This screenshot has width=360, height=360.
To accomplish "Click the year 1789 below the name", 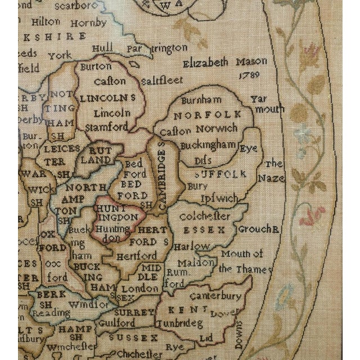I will pos(247,75).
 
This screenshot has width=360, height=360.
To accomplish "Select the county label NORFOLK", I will pos(208,115).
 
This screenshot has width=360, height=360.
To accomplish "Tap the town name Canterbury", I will pos(215,295).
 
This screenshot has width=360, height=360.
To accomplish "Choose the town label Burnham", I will pos(200,101).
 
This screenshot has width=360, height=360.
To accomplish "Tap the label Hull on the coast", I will pos(103,48).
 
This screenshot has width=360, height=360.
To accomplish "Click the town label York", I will pos(60,56).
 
